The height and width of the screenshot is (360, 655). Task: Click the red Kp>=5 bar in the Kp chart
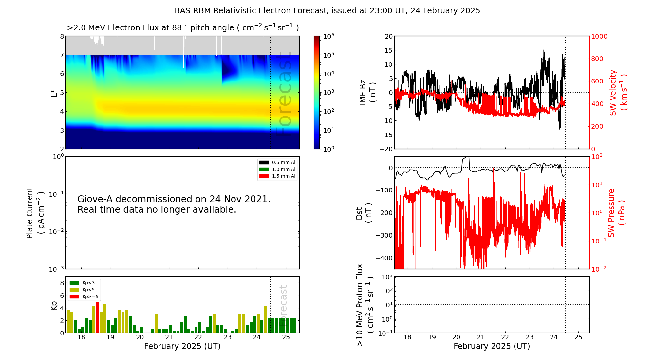point(97,317)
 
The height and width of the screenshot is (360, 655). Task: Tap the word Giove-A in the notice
point(95,199)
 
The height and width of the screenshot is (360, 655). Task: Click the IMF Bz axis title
point(367,92)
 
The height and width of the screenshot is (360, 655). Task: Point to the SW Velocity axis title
point(618,92)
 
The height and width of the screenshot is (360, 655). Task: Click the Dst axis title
point(364,213)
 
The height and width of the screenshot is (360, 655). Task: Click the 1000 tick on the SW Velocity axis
point(599,36)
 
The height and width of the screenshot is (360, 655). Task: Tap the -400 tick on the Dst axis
point(384,258)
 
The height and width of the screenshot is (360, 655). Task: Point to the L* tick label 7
point(62,55)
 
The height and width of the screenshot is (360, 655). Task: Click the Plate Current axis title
point(35,213)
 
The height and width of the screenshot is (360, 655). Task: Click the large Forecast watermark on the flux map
point(284,95)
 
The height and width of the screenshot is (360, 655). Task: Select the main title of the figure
point(327,11)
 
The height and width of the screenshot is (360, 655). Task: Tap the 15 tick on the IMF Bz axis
point(388,50)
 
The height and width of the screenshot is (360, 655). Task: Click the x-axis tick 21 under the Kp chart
point(169,337)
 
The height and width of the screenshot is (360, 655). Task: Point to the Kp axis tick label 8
point(62,283)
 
